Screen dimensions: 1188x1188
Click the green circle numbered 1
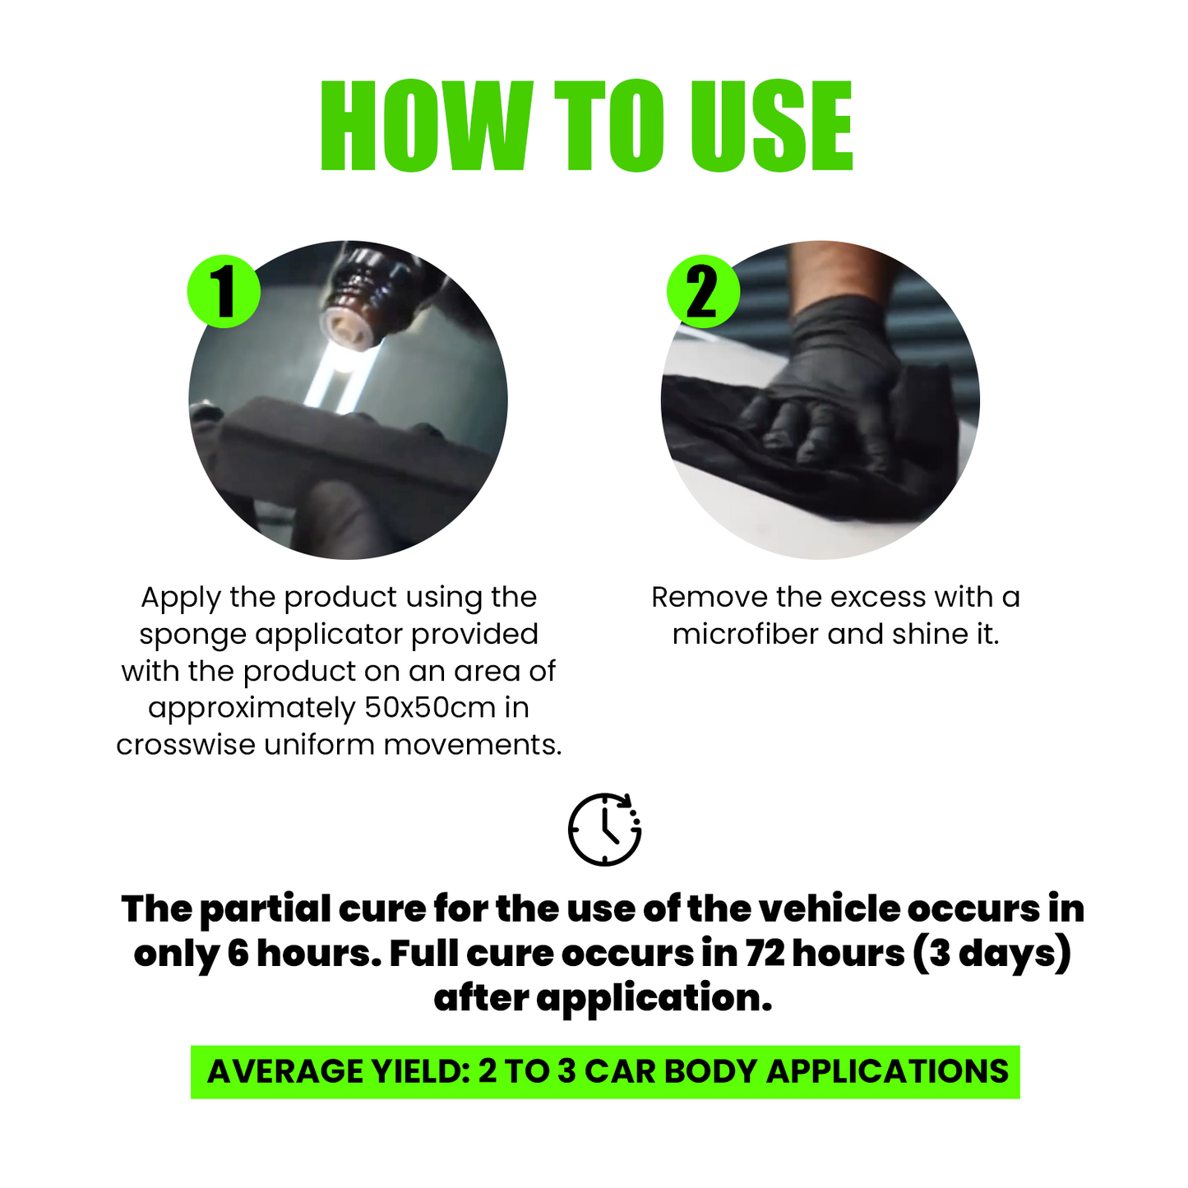[224, 292]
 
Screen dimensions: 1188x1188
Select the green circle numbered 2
[704, 292]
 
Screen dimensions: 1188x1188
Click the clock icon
[604, 830]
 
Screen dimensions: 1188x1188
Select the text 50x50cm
[430, 707]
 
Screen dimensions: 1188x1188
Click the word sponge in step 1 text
[193, 635]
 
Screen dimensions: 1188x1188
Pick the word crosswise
[186, 745]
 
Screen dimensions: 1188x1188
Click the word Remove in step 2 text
[709, 598]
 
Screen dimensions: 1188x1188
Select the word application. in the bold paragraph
[654, 1000]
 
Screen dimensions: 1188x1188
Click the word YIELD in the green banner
[422, 1071]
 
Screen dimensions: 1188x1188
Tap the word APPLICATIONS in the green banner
[888, 1071]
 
